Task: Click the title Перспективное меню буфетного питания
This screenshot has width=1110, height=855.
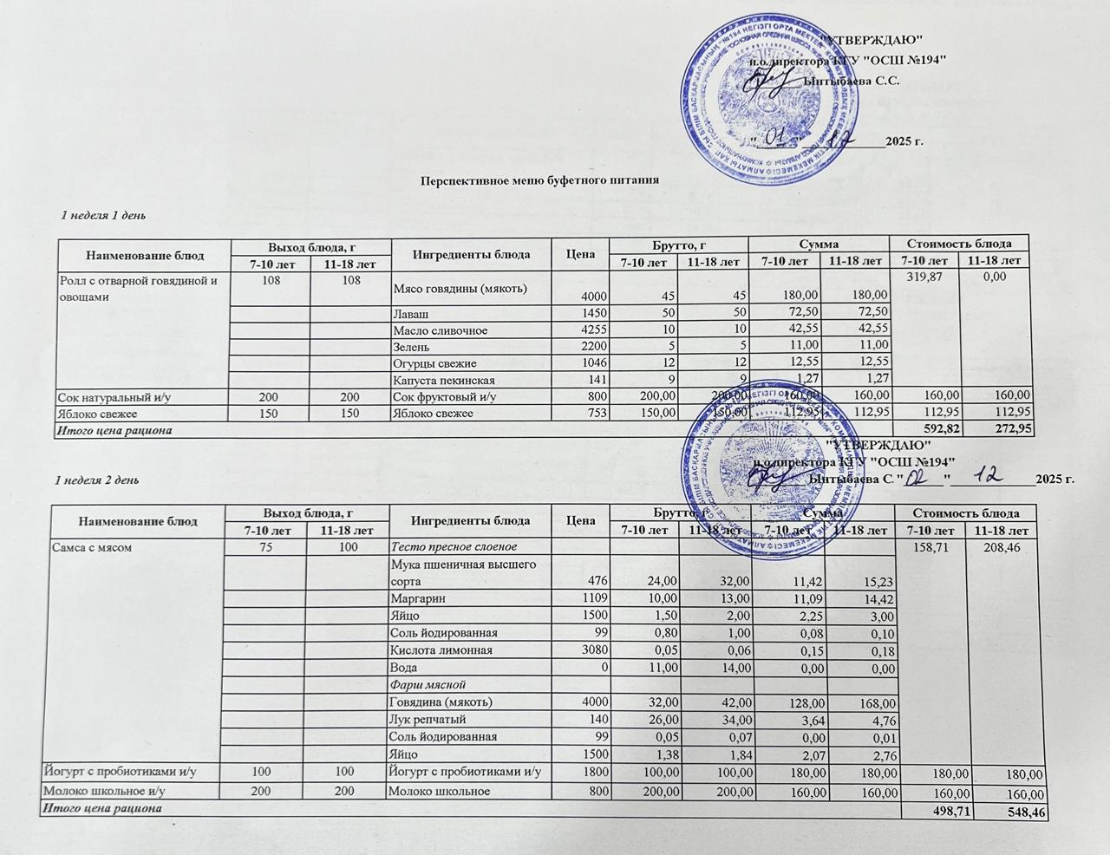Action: click(x=534, y=180)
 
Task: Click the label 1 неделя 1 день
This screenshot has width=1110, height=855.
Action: click(x=95, y=214)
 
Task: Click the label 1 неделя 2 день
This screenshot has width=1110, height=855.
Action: click(x=92, y=480)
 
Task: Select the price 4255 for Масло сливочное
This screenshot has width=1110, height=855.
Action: click(x=593, y=330)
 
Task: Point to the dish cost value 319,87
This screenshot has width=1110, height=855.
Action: click(x=923, y=277)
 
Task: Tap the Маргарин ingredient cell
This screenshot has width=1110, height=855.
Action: click(x=415, y=598)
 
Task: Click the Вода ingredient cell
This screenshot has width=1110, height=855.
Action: click(x=404, y=668)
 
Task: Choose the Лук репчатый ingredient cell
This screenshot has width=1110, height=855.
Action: click(x=428, y=719)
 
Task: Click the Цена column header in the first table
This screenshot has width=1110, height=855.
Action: click(x=579, y=253)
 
